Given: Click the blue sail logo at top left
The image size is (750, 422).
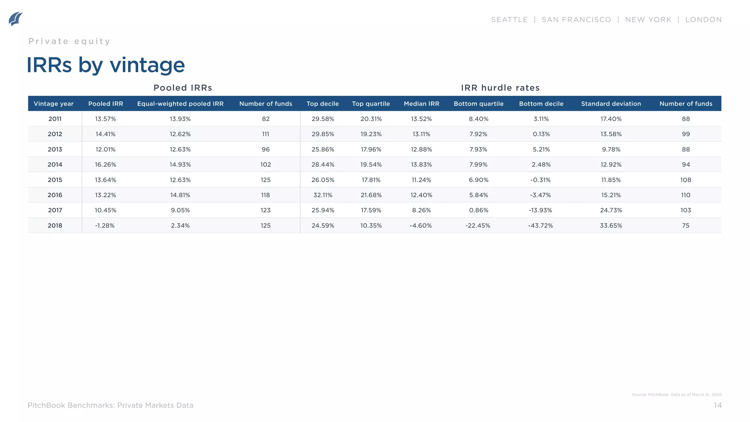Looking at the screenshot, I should pyautogui.click(x=15, y=19).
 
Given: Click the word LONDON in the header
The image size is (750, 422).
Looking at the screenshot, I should pyautogui.click(x=703, y=20).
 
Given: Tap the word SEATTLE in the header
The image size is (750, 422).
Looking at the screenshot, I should pyautogui.click(x=509, y=20).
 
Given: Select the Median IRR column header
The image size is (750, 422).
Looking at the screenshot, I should pyautogui.click(x=421, y=104).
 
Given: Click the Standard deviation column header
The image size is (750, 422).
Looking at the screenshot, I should pyautogui.click(x=611, y=104).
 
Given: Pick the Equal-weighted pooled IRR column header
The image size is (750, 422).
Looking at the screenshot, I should pyautogui.click(x=180, y=104).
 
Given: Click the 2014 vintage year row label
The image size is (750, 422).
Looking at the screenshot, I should pyautogui.click(x=55, y=164).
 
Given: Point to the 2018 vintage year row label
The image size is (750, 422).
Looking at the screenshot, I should pyautogui.click(x=55, y=226).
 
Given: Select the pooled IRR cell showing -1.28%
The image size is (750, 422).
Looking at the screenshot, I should pyautogui.click(x=105, y=226).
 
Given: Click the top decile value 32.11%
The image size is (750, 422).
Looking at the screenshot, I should pyautogui.click(x=323, y=195).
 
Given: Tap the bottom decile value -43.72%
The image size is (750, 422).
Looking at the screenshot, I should pyautogui.click(x=541, y=226).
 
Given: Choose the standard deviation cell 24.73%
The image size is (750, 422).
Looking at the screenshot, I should pyautogui.click(x=611, y=210).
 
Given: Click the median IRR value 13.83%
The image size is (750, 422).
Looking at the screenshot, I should pyautogui.click(x=421, y=164).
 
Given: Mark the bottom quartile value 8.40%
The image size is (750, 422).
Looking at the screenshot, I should pyautogui.click(x=478, y=119).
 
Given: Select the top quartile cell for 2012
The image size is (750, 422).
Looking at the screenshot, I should pyautogui.click(x=371, y=134).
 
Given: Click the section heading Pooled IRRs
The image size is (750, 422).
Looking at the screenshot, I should pyautogui.click(x=183, y=88).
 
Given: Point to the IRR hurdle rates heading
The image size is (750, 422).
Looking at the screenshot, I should pyautogui.click(x=500, y=88).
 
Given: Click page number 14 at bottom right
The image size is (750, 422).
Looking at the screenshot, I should pyautogui.click(x=717, y=405).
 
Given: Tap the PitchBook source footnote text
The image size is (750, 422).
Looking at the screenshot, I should pyautogui.click(x=676, y=395).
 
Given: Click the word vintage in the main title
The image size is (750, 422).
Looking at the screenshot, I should pyautogui.click(x=147, y=65).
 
